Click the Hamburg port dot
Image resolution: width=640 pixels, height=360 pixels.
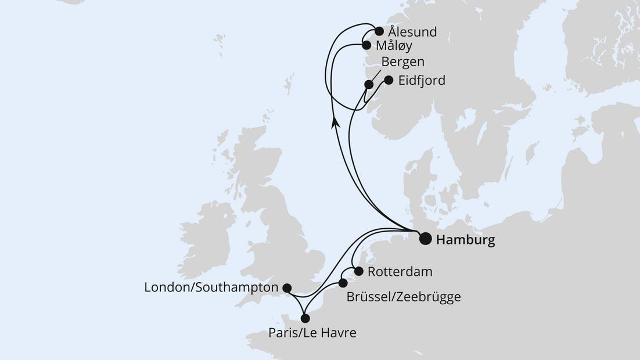pos(425,239)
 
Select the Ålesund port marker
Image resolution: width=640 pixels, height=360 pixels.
pos(379,31)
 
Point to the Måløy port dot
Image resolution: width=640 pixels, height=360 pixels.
pos(366,45)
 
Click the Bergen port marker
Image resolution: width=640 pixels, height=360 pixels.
pos(368,85)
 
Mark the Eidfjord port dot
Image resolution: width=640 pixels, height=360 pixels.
pos(389,80)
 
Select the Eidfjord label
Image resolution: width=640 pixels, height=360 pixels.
pos(422,81)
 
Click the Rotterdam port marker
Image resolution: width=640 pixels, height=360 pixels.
pos(358,271)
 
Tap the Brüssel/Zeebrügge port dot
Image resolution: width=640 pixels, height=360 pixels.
pos(343,283)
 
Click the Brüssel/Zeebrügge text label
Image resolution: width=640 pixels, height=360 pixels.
pos(403,297)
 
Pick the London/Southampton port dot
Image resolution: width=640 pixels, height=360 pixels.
pos(286,287)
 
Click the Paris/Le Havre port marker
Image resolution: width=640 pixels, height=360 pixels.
pos(305,318)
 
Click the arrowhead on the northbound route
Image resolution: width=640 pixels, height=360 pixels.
pos(335,120)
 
